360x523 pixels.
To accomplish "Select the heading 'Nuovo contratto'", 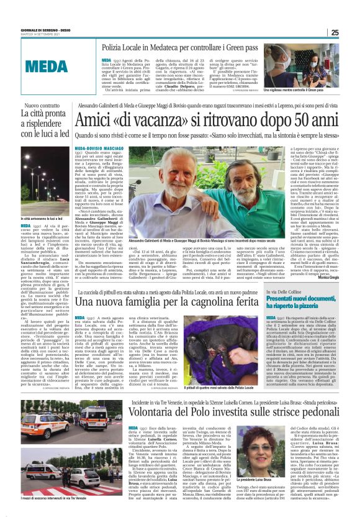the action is pyautogui.click(x=47, y=106).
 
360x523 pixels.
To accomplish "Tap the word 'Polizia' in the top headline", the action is pyautogui.click(x=117, y=47).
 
